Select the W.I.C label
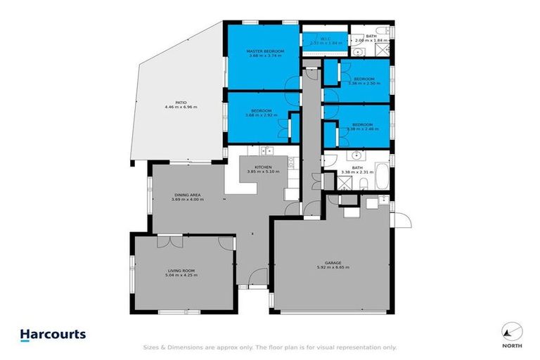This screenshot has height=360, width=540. tap(326, 38)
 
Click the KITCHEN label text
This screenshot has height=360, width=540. tap(263, 167)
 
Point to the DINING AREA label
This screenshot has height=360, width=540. tap(187, 195)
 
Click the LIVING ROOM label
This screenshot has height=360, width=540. tap(181, 270)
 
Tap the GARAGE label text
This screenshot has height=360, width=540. tap(333, 263)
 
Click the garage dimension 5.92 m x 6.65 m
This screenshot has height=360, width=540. tap(333, 268)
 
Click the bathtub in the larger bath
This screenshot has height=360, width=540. tap(380, 176)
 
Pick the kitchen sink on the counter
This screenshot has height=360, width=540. tap(266, 150)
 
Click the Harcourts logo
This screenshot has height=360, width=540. tap(53, 334)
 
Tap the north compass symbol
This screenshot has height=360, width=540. tap(513, 330)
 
